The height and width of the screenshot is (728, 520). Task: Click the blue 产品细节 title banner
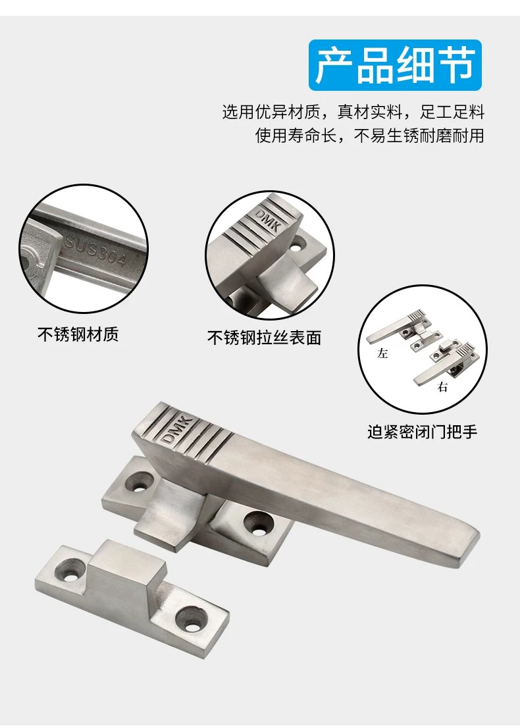[x=395, y=65]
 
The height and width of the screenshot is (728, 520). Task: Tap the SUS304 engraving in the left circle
[x=95, y=250]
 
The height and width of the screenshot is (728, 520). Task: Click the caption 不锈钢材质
[x=78, y=334]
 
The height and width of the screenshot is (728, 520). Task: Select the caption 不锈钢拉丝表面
[x=264, y=338]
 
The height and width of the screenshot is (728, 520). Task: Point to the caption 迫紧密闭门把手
[x=422, y=432]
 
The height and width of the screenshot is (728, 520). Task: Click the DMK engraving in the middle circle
[x=269, y=219]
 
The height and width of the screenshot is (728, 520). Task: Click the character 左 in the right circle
[x=382, y=353]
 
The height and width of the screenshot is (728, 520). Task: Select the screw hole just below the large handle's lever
[x=257, y=523]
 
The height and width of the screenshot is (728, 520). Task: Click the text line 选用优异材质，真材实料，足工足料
[x=353, y=112]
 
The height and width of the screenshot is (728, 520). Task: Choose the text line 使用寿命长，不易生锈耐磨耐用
[x=369, y=135]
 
